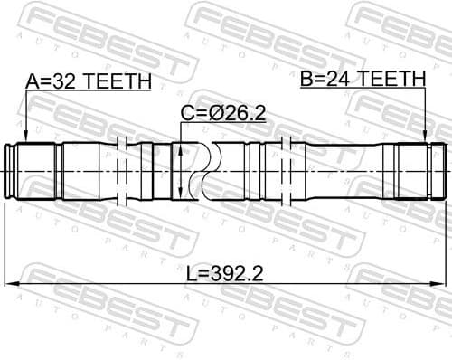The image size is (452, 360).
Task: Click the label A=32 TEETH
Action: (x=89, y=82)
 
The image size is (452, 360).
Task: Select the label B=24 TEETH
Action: (x=363, y=79)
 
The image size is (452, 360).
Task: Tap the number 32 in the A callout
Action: (x=62, y=82)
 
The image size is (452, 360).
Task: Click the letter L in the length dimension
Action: (x=193, y=272)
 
